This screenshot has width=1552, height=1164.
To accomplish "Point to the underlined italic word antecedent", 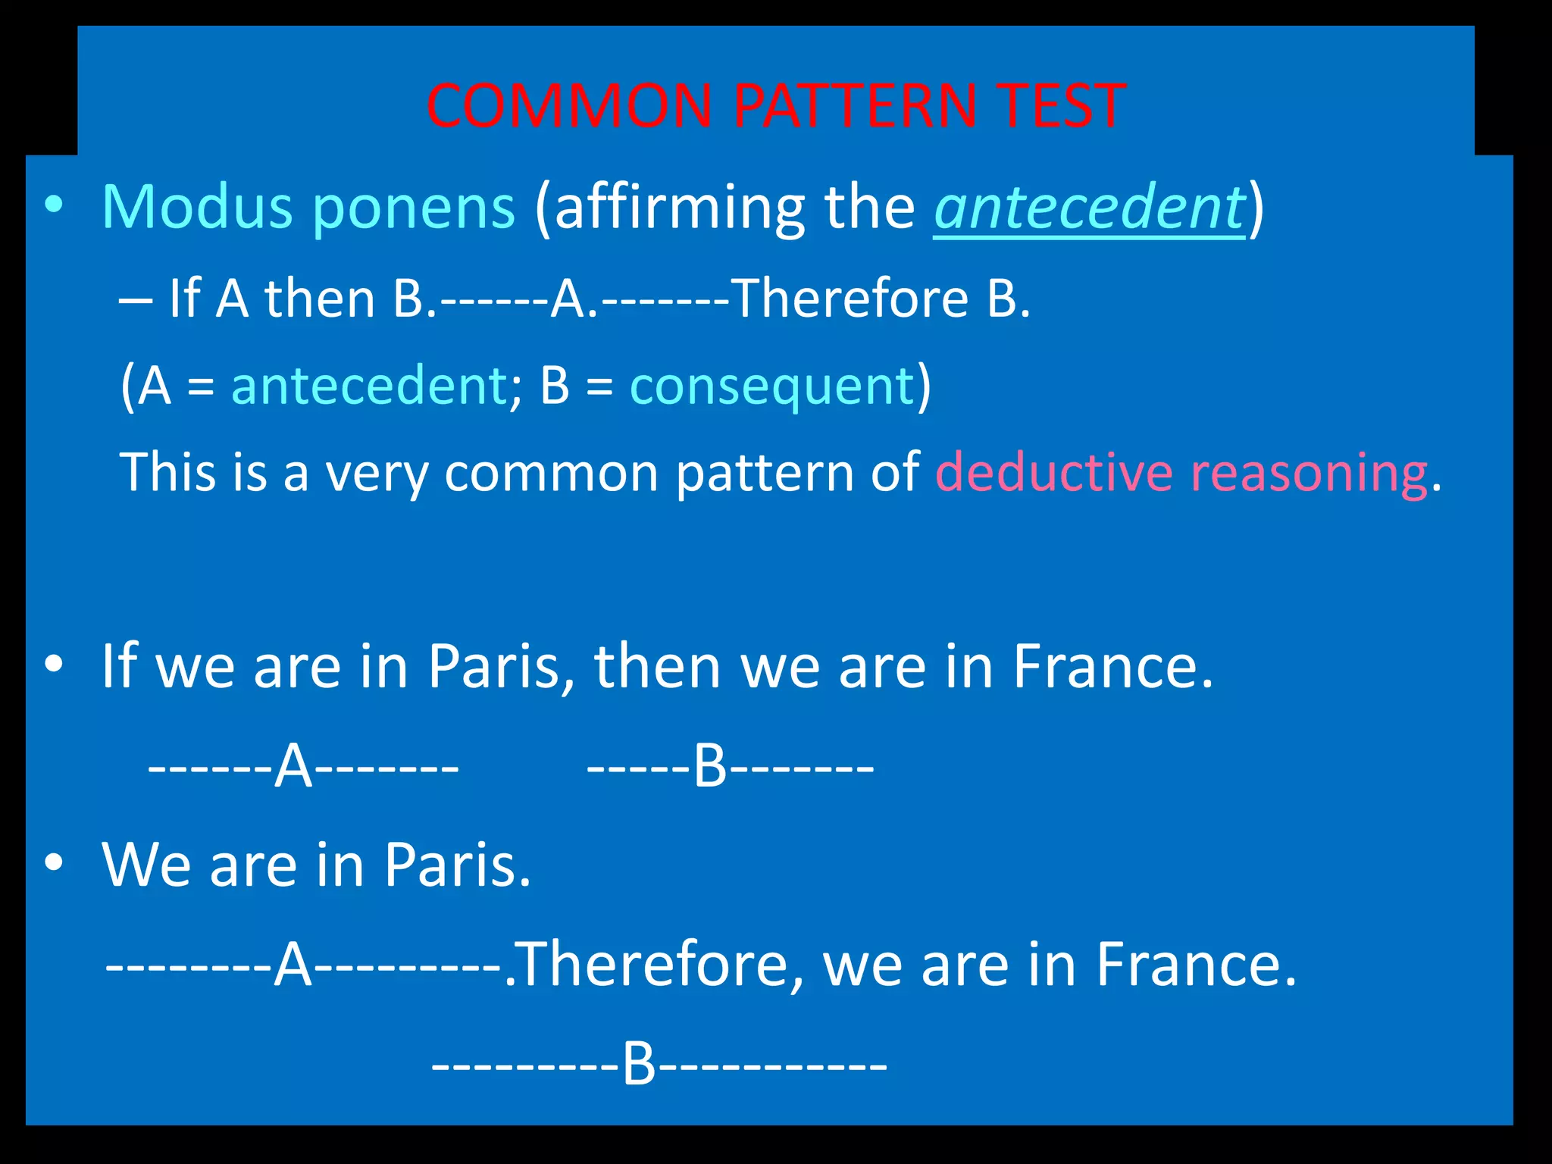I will tap(1088, 207).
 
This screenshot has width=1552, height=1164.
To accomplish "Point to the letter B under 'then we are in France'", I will tap(710, 767).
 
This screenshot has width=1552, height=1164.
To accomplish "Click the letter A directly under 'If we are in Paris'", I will tap(293, 767).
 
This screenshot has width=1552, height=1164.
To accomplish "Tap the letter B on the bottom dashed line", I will tap(639, 1064).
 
